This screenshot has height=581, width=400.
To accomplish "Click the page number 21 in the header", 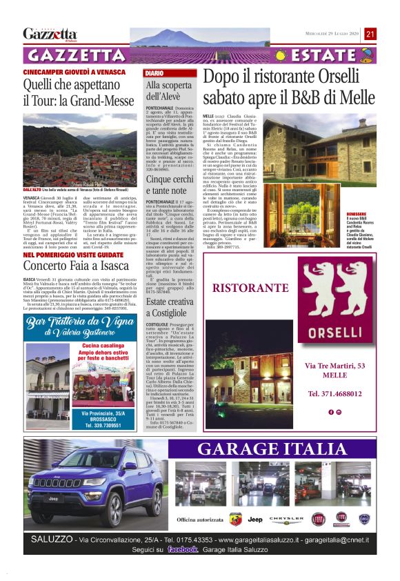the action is point(370,34).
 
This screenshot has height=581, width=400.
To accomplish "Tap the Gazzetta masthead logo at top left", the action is point(50,34).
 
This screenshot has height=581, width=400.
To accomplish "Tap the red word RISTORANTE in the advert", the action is point(250,288).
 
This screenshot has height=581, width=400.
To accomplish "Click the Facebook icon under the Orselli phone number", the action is point(331,412).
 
